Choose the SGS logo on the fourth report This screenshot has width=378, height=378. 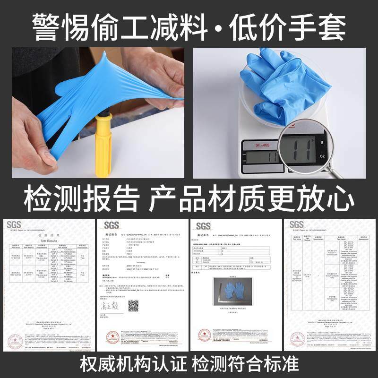click(x=296, y=224)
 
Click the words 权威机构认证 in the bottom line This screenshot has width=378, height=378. click(x=134, y=364)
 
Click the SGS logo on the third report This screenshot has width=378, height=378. click(x=203, y=225)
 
